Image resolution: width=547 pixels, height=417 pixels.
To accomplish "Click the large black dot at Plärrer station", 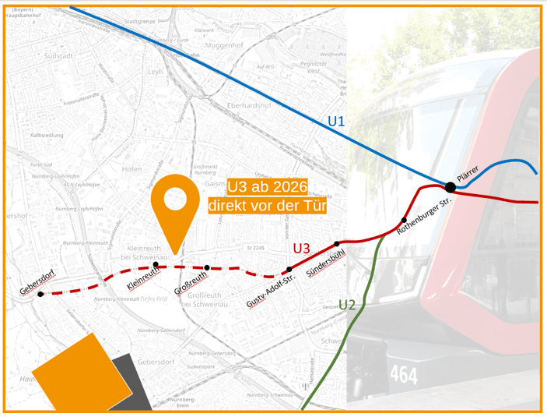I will (x=450, y=186).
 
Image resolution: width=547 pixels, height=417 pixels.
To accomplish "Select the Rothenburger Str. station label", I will (x=425, y=217).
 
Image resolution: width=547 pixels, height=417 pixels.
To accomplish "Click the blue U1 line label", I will (x=336, y=122).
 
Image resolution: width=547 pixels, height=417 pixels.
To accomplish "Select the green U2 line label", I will (x=346, y=304).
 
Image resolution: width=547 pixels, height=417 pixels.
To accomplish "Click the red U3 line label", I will (x=302, y=249).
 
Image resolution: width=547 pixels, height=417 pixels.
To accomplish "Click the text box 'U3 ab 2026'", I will (x=267, y=187).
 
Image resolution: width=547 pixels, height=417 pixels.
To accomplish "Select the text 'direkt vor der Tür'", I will (x=267, y=206).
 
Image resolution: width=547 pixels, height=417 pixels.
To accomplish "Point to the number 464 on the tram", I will (x=404, y=376).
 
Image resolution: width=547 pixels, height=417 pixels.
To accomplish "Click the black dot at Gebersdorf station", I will (x=40, y=294).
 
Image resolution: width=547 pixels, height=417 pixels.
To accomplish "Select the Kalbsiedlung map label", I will (x=47, y=135).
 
